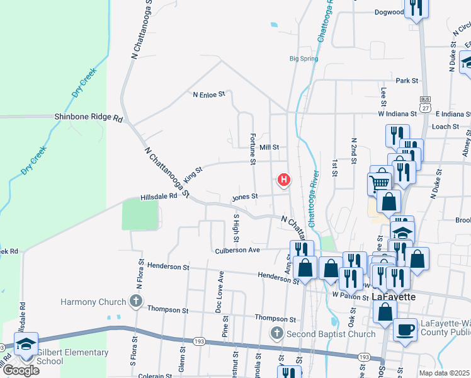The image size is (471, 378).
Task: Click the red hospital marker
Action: coord(284,181)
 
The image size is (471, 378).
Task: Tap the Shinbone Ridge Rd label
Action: coord(88,117)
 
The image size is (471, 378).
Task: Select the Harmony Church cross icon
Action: coord(135,302)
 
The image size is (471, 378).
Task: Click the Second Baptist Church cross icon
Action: coord(276,333)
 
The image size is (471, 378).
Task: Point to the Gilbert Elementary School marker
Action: coord(26,345)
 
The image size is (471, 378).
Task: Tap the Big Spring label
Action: coord(304,59)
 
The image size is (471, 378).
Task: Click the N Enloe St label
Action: coord(208,94)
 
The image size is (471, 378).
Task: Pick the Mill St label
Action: coord(269,147)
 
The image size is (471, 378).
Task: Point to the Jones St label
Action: coord(245,197)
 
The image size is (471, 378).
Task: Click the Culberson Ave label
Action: coord(238,250)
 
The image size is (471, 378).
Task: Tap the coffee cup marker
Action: coord(405,329)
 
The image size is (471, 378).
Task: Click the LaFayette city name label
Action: coord(393,297)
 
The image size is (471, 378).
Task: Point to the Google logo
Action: coord(20,370)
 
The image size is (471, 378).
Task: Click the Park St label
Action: coord(407,81)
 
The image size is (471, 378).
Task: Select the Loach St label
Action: coord(445,127)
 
